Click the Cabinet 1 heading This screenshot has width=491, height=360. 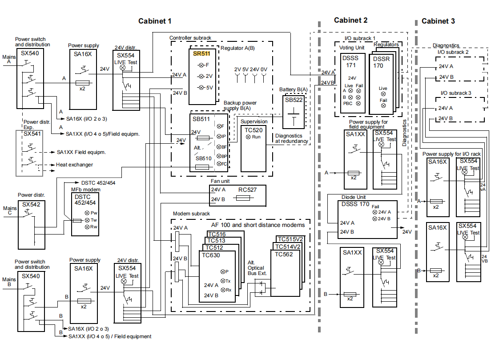[x=154, y=21]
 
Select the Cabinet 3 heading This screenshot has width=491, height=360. [x=438, y=21]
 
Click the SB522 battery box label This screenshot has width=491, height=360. [x=294, y=100]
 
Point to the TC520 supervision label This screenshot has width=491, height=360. [x=253, y=129]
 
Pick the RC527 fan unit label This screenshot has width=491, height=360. [x=247, y=190]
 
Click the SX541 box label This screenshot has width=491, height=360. [x=32, y=133]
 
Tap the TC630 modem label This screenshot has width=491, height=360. [x=211, y=255]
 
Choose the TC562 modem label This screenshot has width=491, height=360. [x=284, y=254]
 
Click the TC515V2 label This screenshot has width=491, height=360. [x=289, y=239]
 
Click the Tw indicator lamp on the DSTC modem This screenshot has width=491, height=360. [x=87, y=220]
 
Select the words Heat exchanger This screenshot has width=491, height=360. [x=75, y=165]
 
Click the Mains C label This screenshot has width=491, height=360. [x=10, y=211]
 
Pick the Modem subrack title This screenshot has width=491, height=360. [x=191, y=214]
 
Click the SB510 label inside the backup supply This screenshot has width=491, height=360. [x=204, y=158]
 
